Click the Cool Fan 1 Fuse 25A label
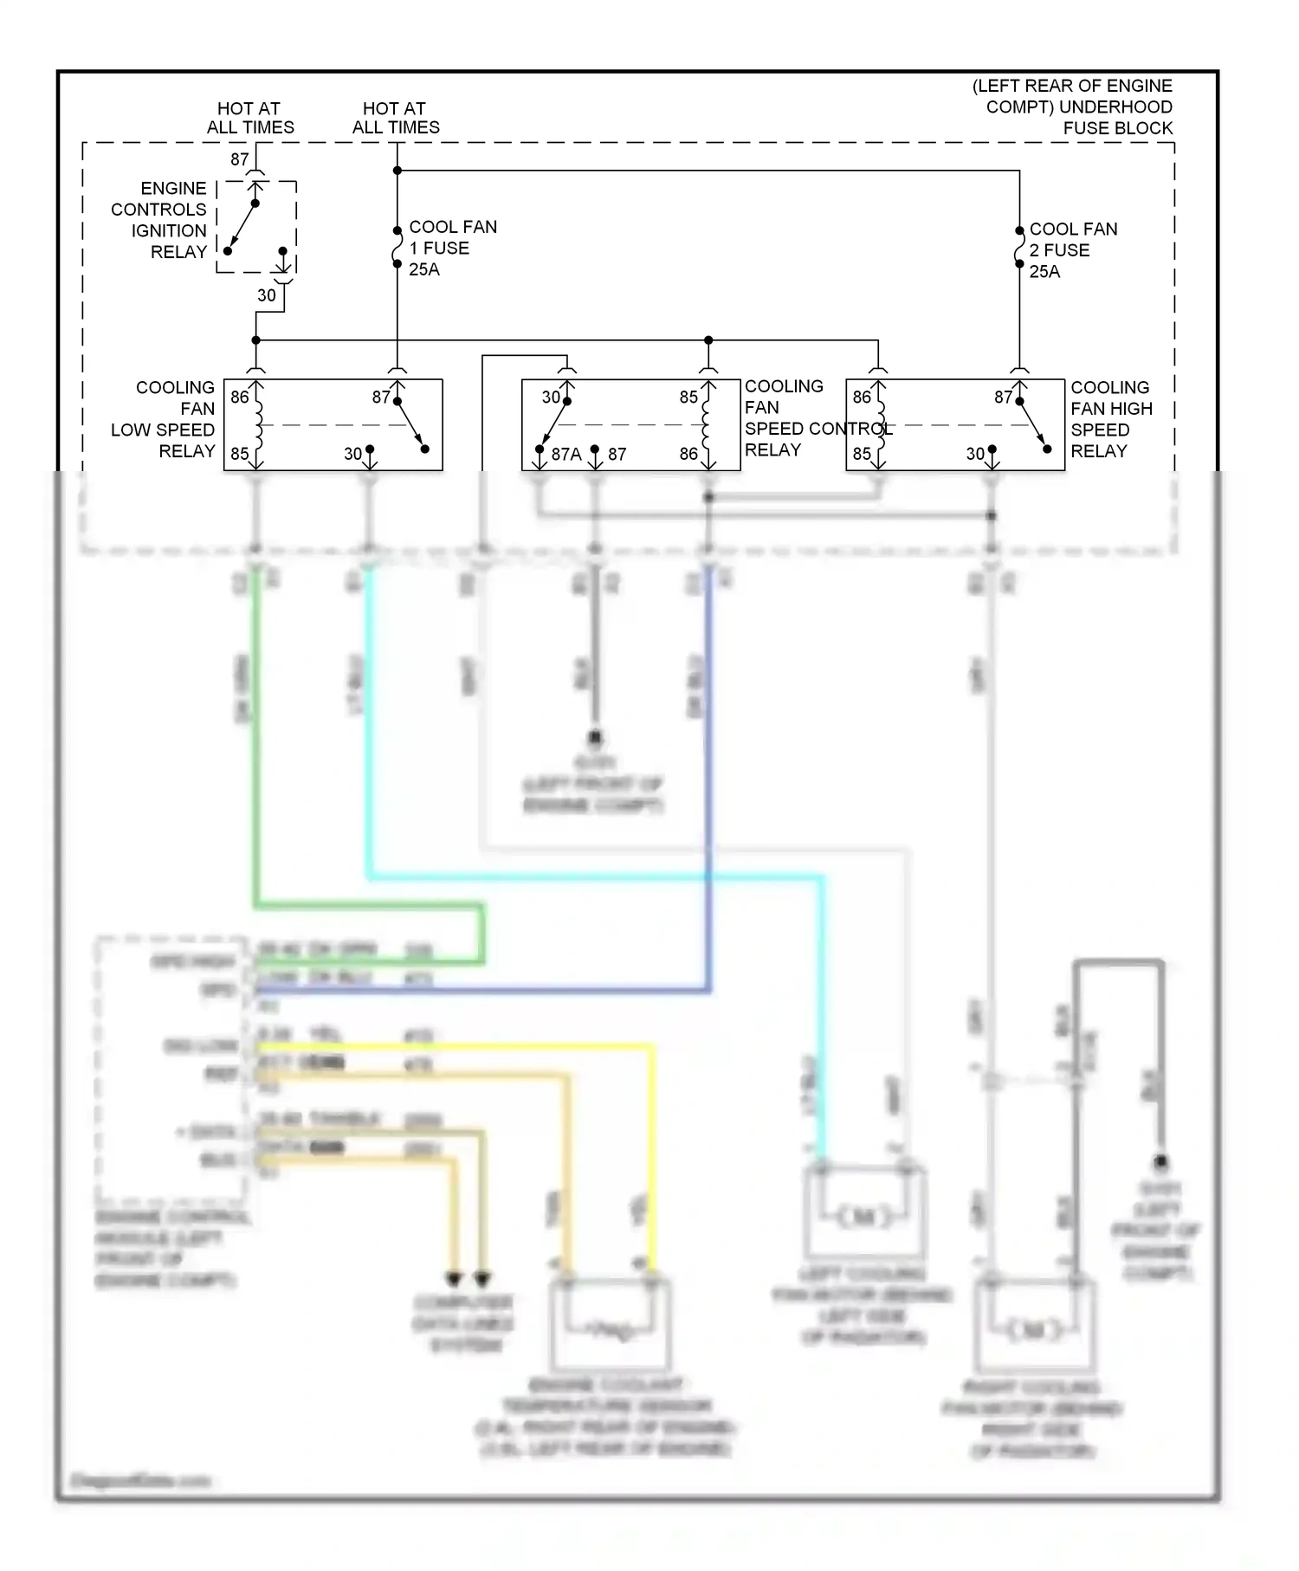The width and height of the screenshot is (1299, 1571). [452, 249]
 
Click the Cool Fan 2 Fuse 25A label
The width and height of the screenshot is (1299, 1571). [1072, 250]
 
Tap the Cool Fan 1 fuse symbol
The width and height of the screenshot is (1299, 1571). [397, 248]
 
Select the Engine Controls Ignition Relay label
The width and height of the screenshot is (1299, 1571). [160, 220]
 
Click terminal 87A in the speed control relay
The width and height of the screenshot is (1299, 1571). [565, 454]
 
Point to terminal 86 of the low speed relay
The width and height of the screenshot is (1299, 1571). [239, 398]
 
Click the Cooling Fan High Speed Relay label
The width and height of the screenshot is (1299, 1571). [1111, 419]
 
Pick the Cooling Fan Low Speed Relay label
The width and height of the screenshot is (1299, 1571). [165, 419]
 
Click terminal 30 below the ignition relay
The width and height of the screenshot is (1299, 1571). [267, 295]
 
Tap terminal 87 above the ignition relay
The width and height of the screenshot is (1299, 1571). [240, 159]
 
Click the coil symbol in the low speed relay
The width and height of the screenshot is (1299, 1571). [257, 424]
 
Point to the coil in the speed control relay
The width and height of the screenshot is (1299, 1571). [707, 424]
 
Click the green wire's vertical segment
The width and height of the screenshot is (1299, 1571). [256, 736]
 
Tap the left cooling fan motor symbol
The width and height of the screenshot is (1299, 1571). [864, 1217]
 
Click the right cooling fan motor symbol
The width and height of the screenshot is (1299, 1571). [1034, 1329]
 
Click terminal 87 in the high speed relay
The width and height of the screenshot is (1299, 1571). [1003, 398]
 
